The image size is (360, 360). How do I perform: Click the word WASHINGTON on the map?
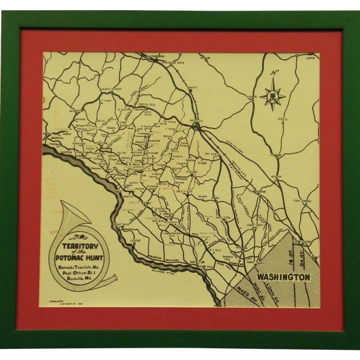pyautogui.click(x=283, y=277)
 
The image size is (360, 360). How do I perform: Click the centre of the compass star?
pyautogui.click(x=273, y=96)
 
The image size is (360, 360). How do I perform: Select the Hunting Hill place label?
pyautogui.click(x=138, y=105)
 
